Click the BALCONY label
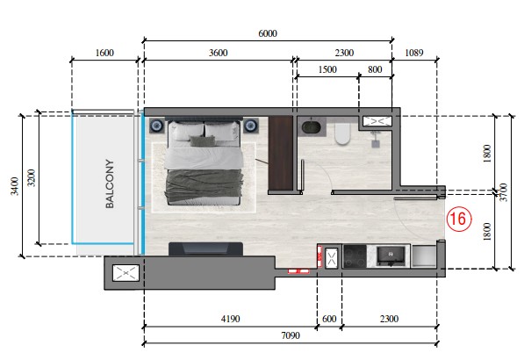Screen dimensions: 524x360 click(110, 184)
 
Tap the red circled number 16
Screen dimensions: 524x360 click(459, 220)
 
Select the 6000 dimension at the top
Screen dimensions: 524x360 click(268, 33)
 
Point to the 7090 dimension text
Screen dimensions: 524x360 click(291, 335)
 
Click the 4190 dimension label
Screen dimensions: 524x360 click(231, 319)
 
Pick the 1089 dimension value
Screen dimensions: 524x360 click(414, 53)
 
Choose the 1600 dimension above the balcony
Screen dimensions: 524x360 click(104, 53)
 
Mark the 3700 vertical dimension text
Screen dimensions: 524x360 click(504, 192)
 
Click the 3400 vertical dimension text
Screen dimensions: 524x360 click(15, 186)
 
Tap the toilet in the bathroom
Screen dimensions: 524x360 click(342, 133)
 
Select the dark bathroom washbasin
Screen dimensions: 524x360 click(311, 127)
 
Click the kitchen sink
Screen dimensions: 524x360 click(391, 256)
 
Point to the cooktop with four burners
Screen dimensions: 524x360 click(355, 256)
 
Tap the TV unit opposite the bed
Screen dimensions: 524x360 click(205, 249)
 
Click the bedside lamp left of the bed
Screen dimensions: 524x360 click(156, 126)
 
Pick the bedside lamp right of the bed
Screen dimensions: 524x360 click(251, 126)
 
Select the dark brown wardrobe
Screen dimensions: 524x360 click(281, 153)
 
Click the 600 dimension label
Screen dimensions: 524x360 click(329, 319)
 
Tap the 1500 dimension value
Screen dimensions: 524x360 click(327, 69)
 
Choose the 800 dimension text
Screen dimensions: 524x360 click(375, 69)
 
